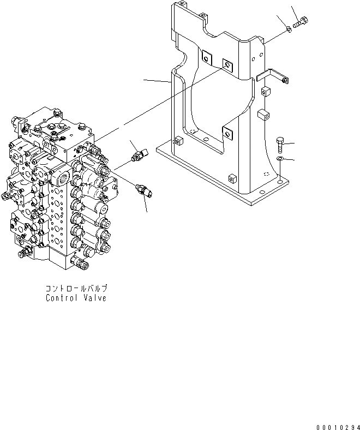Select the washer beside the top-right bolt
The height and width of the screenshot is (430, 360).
click(x=289, y=29)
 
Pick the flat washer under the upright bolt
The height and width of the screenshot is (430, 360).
click(x=280, y=158)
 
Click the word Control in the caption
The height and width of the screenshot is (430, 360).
click(x=61, y=298)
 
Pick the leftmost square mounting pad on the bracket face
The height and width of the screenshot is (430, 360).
click(x=207, y=57)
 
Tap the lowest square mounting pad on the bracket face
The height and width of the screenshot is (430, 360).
click(x=227, y=132)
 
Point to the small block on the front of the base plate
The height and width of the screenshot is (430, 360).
click(x=231, y=178)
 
